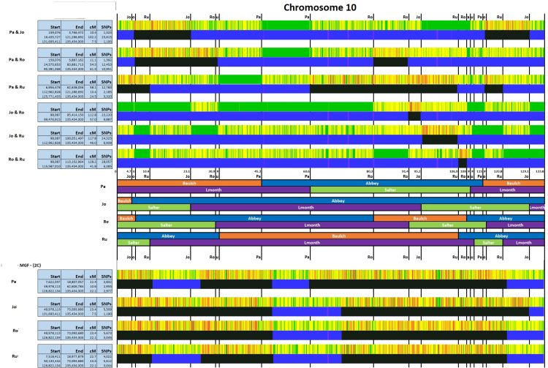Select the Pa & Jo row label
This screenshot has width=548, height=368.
(9, 33)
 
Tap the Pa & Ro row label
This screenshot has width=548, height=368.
(9, 60)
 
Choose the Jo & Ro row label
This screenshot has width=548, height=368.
(9, 113)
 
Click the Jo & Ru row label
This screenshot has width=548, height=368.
(9, 135)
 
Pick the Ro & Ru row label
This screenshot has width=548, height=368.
(9, 159)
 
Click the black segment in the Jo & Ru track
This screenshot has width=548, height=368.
(439, 139)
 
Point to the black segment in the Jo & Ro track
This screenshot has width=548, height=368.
(414, 116)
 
